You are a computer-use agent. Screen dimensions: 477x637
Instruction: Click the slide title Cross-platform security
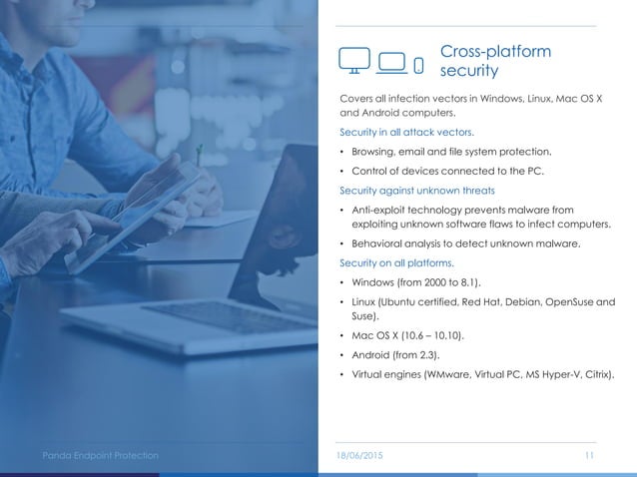495,61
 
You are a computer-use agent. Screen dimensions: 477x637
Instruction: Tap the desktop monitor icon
356,61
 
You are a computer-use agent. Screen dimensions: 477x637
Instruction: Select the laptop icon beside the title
391,62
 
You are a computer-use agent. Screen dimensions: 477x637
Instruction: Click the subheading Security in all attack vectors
406,132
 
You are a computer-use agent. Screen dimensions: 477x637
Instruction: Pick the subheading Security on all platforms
396,263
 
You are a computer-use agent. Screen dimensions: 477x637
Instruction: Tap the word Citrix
596,375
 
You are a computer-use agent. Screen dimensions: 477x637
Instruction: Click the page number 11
589,455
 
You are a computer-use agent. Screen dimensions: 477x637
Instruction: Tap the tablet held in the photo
130,210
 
